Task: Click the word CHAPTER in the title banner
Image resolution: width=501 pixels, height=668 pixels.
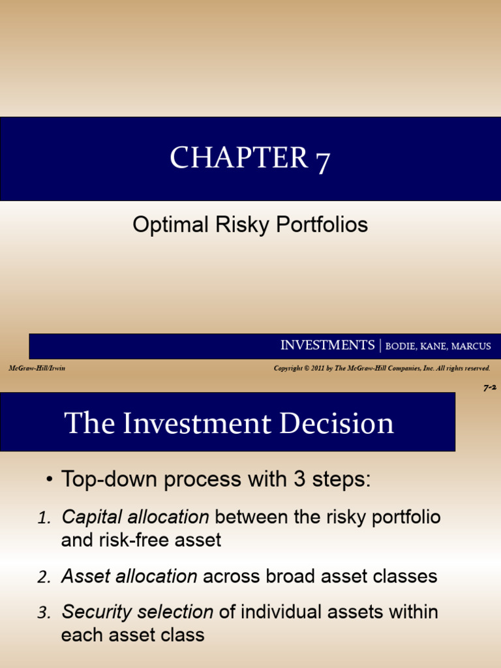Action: click(238, 158)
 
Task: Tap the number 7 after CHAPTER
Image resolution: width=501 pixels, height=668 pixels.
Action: click(322, 160)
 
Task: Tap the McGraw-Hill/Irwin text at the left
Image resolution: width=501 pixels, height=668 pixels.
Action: click(37, 369)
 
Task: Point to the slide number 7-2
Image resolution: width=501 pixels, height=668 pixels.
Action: click(490, 387)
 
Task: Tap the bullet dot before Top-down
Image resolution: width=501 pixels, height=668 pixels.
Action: click(50, 481)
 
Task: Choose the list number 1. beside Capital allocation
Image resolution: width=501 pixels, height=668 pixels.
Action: click(44, 519)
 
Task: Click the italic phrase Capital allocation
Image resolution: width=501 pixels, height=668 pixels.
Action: click(135, 517)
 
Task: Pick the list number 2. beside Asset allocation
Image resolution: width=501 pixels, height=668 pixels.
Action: click(44, 577)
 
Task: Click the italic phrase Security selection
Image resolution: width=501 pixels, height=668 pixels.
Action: click(137, 612)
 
